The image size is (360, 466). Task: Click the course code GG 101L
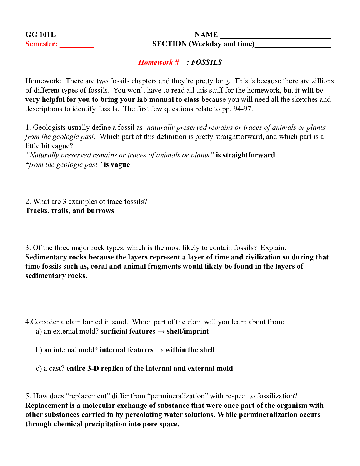[x=40, y=35]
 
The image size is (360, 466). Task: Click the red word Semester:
[x=41, y=44]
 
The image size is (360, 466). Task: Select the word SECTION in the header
[x=169, y=44]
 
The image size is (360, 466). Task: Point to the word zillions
[x=323, y=81]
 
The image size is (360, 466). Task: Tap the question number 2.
[x=28, y=202]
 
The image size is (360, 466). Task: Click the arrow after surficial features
[x=161, y=332]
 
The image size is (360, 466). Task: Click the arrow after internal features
[x=159, y=350]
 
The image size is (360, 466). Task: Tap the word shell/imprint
[x=188, y=331]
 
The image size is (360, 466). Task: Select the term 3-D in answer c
[x=93, y=368]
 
